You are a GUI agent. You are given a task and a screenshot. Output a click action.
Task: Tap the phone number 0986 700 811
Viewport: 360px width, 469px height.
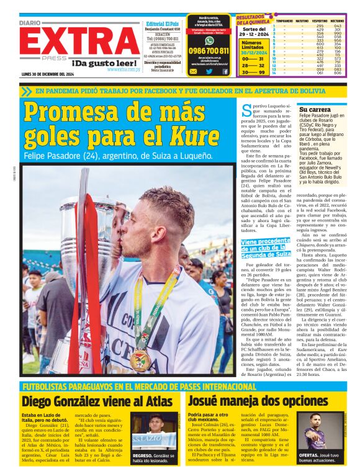click(x=209, y=51)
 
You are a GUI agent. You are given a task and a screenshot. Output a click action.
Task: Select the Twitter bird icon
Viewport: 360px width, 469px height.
click(x=209, y=71)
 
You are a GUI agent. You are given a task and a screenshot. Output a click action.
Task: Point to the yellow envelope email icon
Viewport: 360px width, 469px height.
click(x=194, y=71)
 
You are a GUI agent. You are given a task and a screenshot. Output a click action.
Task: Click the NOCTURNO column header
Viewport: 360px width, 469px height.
click(x=337, y=20)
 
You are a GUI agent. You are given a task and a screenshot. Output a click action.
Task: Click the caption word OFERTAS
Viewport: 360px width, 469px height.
click(x=309, y=455)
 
